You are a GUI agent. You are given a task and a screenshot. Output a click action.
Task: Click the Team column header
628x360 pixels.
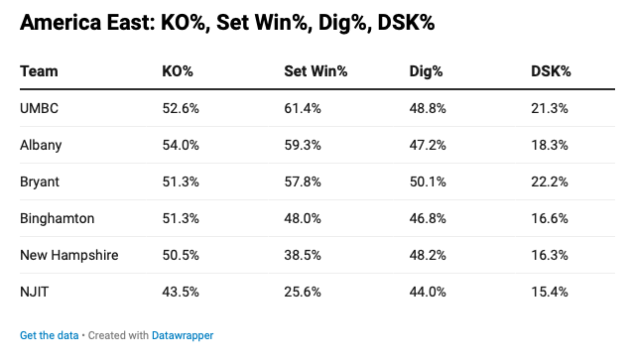click(39, 71)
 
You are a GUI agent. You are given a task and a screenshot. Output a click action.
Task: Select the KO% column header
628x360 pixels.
click(178, 71)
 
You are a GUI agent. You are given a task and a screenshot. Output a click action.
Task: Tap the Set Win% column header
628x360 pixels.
click(315, 71)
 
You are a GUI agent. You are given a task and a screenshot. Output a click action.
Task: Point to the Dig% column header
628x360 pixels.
click(426, 71)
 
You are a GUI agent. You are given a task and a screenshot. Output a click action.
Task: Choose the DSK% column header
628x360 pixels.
click(551, 71)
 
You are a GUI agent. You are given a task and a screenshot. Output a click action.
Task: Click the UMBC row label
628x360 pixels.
click(40, 108)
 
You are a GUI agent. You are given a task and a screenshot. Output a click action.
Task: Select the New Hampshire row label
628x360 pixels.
click(69, 255)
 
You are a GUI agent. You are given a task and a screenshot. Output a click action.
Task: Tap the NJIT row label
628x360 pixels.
click(35, 292)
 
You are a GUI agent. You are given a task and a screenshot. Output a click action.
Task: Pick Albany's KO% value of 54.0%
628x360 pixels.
click(181, 145)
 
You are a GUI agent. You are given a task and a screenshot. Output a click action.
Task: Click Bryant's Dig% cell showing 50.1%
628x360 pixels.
click(428, 181)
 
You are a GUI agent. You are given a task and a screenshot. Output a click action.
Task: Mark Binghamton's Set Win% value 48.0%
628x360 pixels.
click(303, 218)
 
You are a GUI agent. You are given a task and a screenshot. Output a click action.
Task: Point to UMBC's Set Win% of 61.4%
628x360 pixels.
click(303, 108)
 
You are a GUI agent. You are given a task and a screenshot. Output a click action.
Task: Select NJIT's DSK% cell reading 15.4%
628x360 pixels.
click(550, 292)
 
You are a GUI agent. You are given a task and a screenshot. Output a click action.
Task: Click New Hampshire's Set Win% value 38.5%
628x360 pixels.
click(303, 255)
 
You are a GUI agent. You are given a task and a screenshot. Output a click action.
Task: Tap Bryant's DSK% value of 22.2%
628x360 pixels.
click(550, 181)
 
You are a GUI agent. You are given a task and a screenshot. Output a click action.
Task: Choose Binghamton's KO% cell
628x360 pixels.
click(181, 218)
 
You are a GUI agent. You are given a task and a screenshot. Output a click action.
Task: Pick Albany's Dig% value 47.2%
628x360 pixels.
click(428, 145)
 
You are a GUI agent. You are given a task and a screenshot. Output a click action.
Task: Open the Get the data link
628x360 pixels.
click(50, 335)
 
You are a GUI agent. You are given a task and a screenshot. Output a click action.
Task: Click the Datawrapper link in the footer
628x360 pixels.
click(183, 335)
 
